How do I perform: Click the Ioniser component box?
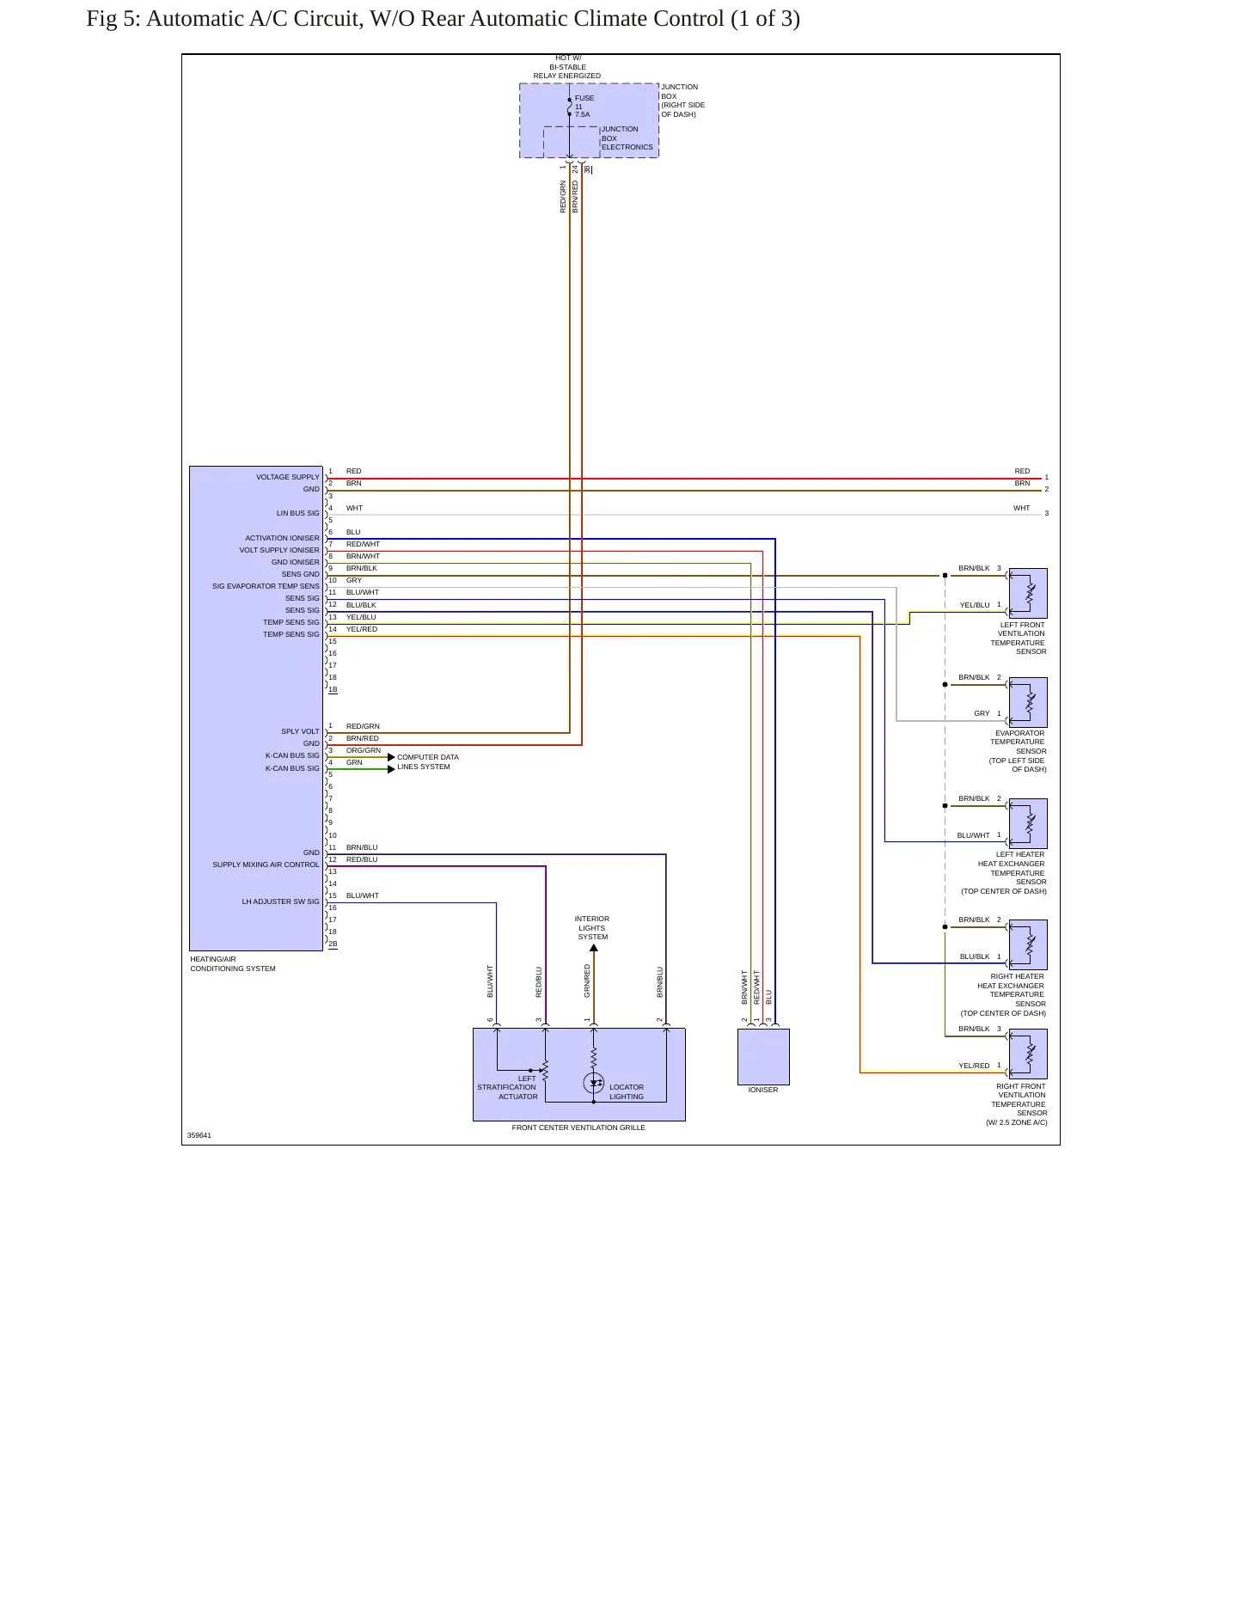(x=763, y=1056)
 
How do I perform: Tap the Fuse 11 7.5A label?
(x=584, y=106)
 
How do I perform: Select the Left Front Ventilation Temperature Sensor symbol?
(x=1028, y=593)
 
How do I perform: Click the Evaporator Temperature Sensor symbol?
(x=1028, y=702)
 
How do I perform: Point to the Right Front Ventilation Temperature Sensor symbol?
(x=1028, y=1054)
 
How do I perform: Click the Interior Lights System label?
(x=592, y=928)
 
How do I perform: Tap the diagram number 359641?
(x=199, y=1135)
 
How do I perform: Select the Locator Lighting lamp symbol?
(x=594, y=1083)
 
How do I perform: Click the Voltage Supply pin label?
(x=288, y=477)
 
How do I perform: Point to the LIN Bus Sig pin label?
(x=297, y=513)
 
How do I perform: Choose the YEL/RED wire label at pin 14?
(x=362, y=629)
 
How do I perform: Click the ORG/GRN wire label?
(x=364, y=750)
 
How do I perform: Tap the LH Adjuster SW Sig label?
(x=280, y=901)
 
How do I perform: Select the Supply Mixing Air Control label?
(x=266, y=865)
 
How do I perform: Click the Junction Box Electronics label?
(x=627, y=138)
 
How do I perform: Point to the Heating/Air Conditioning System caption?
(x=233, y=963)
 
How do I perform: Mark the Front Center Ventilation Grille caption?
(x=578, y=1127)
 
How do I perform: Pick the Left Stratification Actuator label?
(x=507, y=1087)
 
